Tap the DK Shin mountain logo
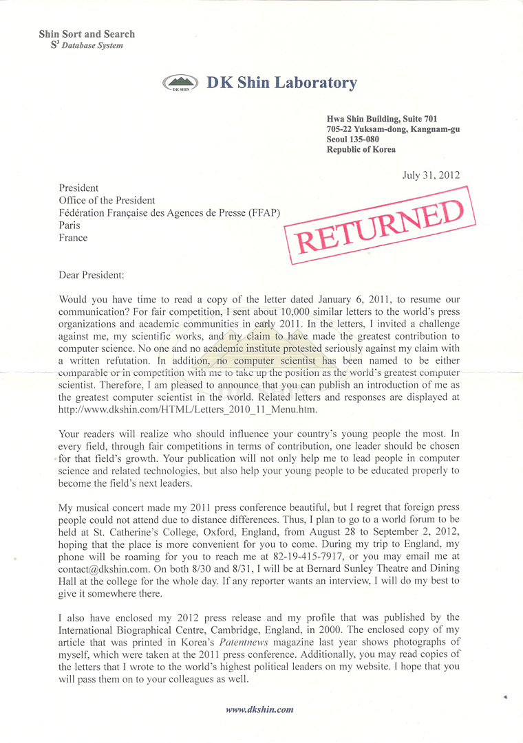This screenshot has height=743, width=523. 181,84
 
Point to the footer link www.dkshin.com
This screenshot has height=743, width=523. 259,710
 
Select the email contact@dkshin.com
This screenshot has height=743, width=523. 103,555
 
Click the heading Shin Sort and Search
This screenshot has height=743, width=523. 87,34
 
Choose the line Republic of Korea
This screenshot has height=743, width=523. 361,150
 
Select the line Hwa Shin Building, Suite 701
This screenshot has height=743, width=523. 382,119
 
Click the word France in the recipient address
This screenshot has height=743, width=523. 74,238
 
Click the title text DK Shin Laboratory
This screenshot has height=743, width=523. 281,83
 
